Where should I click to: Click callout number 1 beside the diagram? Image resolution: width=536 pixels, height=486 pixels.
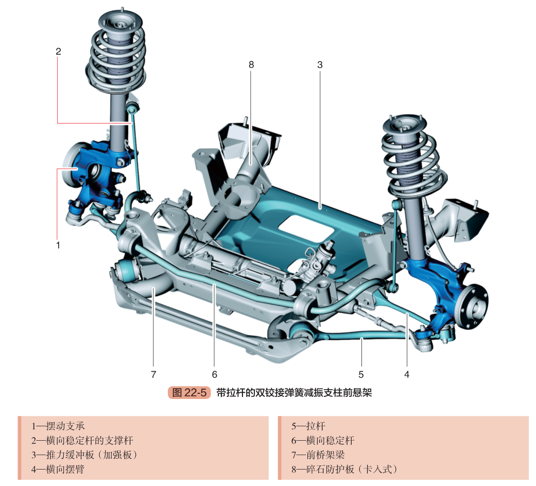(58, 246)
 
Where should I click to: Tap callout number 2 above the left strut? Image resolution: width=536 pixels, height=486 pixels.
(58, 51)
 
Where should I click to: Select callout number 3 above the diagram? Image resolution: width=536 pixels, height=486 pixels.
(320, 65)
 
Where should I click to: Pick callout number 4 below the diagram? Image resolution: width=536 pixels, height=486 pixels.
(407, 374)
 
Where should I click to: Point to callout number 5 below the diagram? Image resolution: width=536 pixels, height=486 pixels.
(361, 374)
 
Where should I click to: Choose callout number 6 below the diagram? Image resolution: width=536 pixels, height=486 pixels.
(215, 374)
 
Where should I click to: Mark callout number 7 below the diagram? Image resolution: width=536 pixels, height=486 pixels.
(153, 374)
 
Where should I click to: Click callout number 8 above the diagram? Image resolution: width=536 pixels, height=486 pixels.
(251, 65)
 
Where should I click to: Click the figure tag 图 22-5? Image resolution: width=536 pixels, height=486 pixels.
(189, 393)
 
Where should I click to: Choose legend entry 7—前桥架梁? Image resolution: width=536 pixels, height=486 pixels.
(318, 455)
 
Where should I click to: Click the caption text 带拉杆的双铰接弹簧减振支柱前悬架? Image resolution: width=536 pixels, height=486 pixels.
(294, 393)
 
